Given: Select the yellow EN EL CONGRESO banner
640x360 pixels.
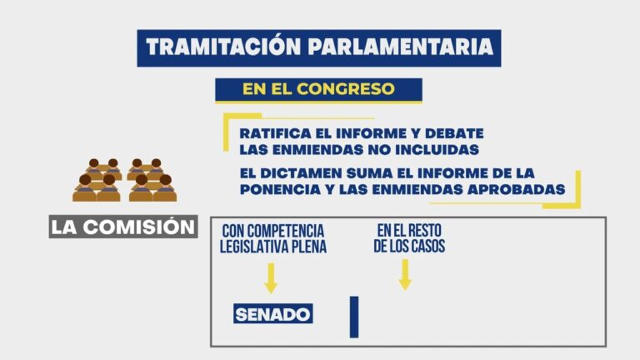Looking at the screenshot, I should (318, 88).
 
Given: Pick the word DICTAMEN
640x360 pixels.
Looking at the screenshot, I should (310, 173).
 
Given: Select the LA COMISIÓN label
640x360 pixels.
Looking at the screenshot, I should (123, 227).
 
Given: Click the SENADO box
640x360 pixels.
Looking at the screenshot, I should (272, 314).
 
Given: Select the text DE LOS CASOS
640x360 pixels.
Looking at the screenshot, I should (409, 247).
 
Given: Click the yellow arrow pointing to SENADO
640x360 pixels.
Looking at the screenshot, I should (271, 277).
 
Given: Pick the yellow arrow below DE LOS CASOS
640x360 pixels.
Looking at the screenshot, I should (405, 274).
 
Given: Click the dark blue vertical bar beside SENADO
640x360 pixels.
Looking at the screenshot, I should (354, 317).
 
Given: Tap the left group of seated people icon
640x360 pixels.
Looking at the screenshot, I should (98, 180).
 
